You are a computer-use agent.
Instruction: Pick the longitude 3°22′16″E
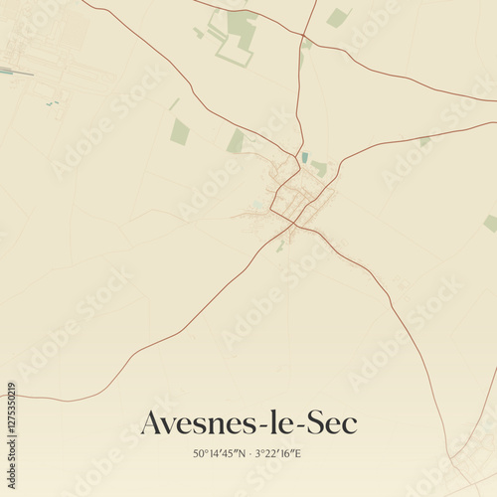[x=278, y=454]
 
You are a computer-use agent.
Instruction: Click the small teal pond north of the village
[x=304, y=157]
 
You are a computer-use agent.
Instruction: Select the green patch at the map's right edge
[x=490, y=224]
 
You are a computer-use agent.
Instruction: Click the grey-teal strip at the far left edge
[x=6, y=71]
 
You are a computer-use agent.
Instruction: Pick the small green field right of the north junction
[x=337, y=18]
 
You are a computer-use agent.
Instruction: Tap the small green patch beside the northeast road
[x=424, y=141]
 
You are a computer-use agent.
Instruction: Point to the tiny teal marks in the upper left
[x=50, y=102]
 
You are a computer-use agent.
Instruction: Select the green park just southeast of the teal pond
[x=319, y=168]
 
